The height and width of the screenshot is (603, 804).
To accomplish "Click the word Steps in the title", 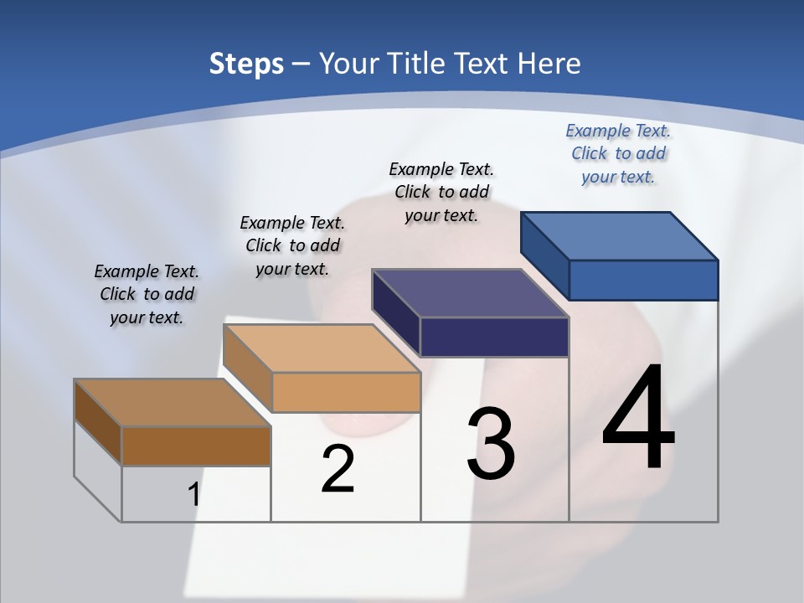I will (246, 64).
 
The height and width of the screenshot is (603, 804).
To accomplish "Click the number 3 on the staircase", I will (491, 444).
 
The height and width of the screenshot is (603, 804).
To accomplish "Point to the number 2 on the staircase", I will (338, 469).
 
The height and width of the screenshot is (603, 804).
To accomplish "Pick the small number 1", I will (193, 494).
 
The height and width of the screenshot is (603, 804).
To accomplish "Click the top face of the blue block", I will (620, 235).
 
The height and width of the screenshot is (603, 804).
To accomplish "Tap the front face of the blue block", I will (643, 280).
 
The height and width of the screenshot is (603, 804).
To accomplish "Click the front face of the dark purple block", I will (494, 337).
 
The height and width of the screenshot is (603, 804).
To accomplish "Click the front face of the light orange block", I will (346, 392).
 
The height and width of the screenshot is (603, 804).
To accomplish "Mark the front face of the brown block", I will (196, 446).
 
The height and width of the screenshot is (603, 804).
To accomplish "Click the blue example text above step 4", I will (618, 153).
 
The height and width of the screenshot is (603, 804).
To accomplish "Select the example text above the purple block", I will (441, 192).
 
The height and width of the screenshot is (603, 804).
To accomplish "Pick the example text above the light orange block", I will (292, 245).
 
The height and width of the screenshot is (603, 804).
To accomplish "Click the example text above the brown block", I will (147, 294).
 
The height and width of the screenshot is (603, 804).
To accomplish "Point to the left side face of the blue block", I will (544, 255).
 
